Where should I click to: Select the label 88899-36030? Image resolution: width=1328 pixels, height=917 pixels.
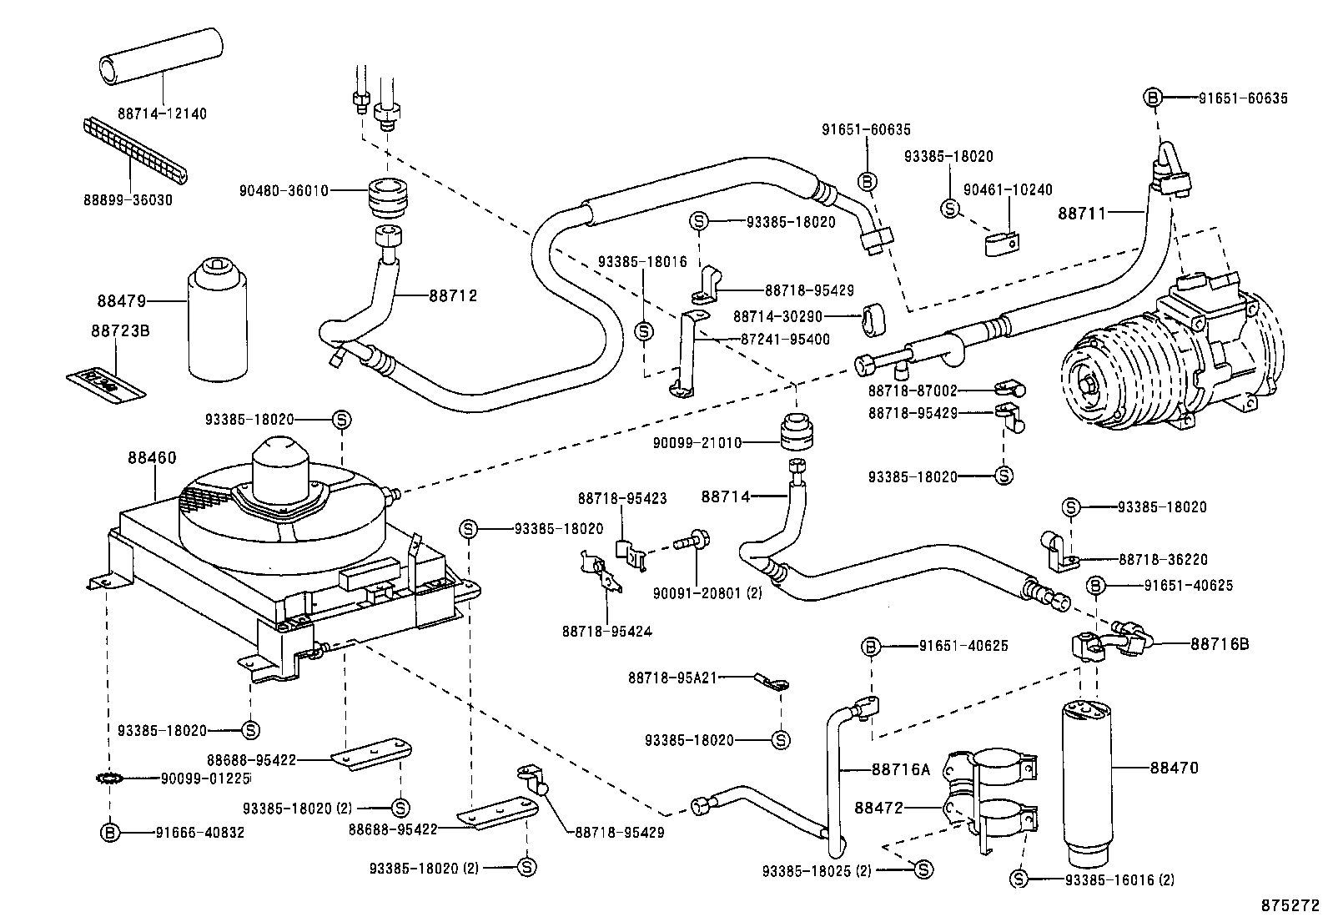128,200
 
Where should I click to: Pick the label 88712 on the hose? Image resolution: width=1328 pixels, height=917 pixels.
453,295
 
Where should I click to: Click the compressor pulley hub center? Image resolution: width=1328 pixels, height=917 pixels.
1092,384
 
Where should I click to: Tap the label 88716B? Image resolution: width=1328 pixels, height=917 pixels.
1219,643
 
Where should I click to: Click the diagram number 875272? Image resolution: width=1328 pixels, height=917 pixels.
1290,904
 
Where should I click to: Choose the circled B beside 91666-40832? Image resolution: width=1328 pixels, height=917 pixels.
109,832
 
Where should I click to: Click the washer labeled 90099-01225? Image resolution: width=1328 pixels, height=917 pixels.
109,778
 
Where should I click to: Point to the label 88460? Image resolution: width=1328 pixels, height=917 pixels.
152,457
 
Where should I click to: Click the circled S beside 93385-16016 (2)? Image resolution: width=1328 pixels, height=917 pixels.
1018,879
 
